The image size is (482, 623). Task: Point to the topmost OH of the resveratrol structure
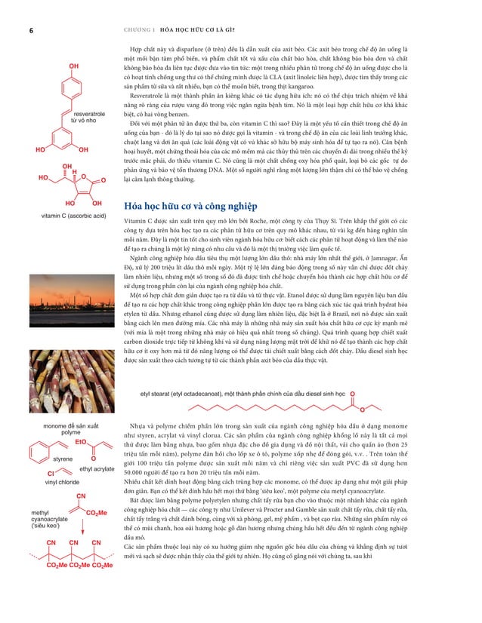(x=74, y=66)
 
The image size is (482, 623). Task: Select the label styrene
(x=62, y=459)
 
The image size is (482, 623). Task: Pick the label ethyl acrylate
(x=97, y=469)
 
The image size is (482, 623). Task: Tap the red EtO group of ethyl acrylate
(x=82, y=442)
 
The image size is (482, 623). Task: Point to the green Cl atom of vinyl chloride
(x=50, y=473)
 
